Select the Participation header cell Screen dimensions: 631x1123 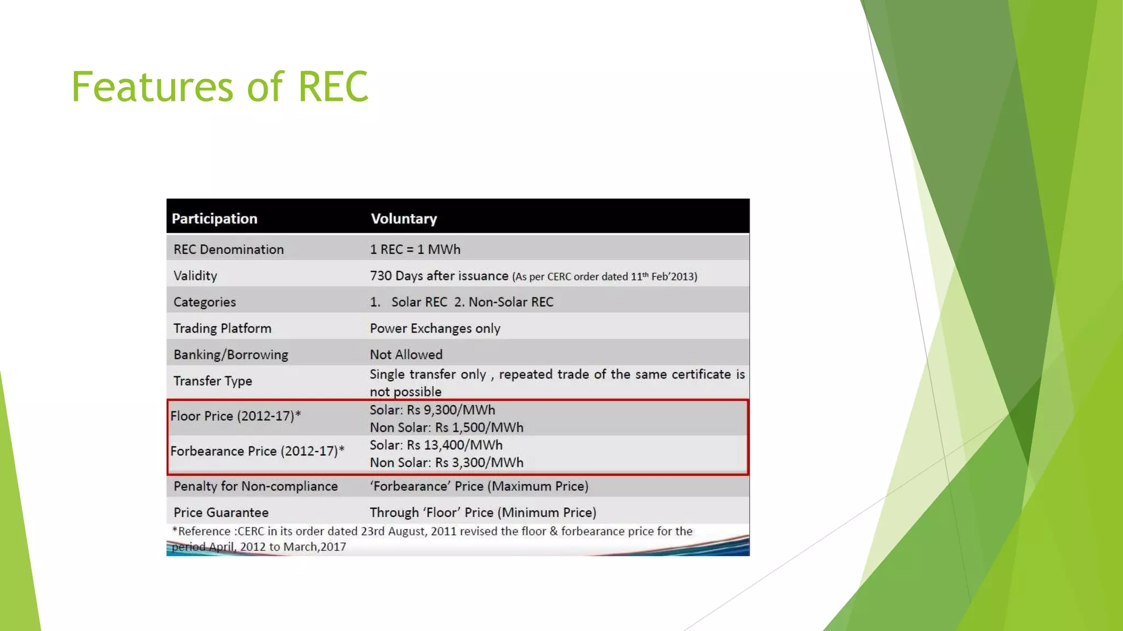pyautogui.click(x=214, y=219)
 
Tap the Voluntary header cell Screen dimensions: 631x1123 pyautogui.click(x=404, y=219)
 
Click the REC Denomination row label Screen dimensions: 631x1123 pyautogui.click(x=229, y=249)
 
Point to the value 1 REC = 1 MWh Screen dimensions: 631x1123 pyautogui.click(x=415, y=249)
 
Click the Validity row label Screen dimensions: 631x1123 pyautogui.click(x=195, y=276)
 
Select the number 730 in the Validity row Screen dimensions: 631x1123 pyautogui.click(x=381, y=276)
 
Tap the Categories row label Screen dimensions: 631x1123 pyautogui.click(x=205, y=302)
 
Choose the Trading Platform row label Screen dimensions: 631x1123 pyautogui.click(x=222, y=328)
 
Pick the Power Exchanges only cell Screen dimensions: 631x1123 pyautogui.click(x=435, y=328)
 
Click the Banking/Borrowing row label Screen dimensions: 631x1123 pyautogui.click(x=231, y=354)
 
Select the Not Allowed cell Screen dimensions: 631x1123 pyautogui.click(x=406, y=354)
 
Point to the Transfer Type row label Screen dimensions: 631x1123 pyautogui.click(x=213, y=381)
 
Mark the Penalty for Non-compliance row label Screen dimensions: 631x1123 pyautogui.click(x=256, y=486)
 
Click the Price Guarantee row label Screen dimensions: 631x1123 pyautogui.click(x=221, y=512)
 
